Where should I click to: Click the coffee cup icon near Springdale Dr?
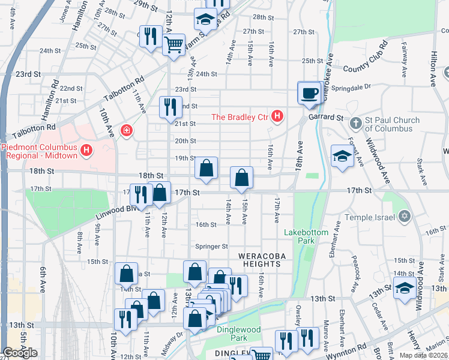pos(310,93)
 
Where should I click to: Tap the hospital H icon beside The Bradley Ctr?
pos(277,116)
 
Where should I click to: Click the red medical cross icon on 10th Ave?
pos(126,130)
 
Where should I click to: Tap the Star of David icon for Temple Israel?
pos(405,216)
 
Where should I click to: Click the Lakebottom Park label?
pos(299,236)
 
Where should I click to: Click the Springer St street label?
pos(211,246)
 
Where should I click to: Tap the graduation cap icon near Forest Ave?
pos(342,157)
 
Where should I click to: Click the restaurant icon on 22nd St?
pos(170,107)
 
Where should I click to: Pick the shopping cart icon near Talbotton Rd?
pos(173,44)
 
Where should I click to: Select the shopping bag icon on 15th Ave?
pos(241,178)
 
